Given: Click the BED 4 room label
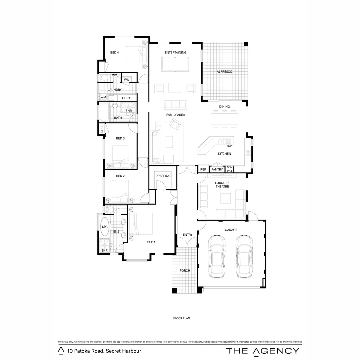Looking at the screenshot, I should pyautogui.click(x=115, y=52).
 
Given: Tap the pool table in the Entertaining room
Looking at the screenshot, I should pyautogui.click(x=175, y=64).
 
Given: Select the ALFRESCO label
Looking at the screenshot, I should pyautogui.click(x=224, y=72).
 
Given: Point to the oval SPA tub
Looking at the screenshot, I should pyautogui.click(x=105, y=227).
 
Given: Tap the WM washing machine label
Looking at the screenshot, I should pyautogui.click(x=103, y=97).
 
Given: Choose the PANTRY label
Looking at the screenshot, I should pyautogui.click(x=217, y=170).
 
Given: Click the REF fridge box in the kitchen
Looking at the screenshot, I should pyautogui.click(x=203, y=170).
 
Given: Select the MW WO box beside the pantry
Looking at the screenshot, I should pyautogui.click(x=229, y=169).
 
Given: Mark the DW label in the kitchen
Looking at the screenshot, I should pyautogui.click(x=229, y=146).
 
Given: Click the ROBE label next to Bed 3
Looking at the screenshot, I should pyautogui.click(x=102, y=129).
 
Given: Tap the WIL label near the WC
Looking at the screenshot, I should pyautogui.click(x=127, y=80).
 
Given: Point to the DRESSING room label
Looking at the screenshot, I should pyautogui.click(x=163, y=176).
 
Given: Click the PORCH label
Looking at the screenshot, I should pyautogui.click(x=185, y=271).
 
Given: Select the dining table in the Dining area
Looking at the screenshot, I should pyautogui.click(x=224, y=119).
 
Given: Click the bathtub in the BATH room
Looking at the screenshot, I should pyautogui.click(x=104, y=113).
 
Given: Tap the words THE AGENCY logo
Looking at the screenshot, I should pyautogui.click(x=263, y=351).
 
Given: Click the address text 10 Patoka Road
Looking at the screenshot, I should pyautogui.click(x=104, y=351).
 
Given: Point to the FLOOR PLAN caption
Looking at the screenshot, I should pyautogui.click(x=181, y=318).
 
